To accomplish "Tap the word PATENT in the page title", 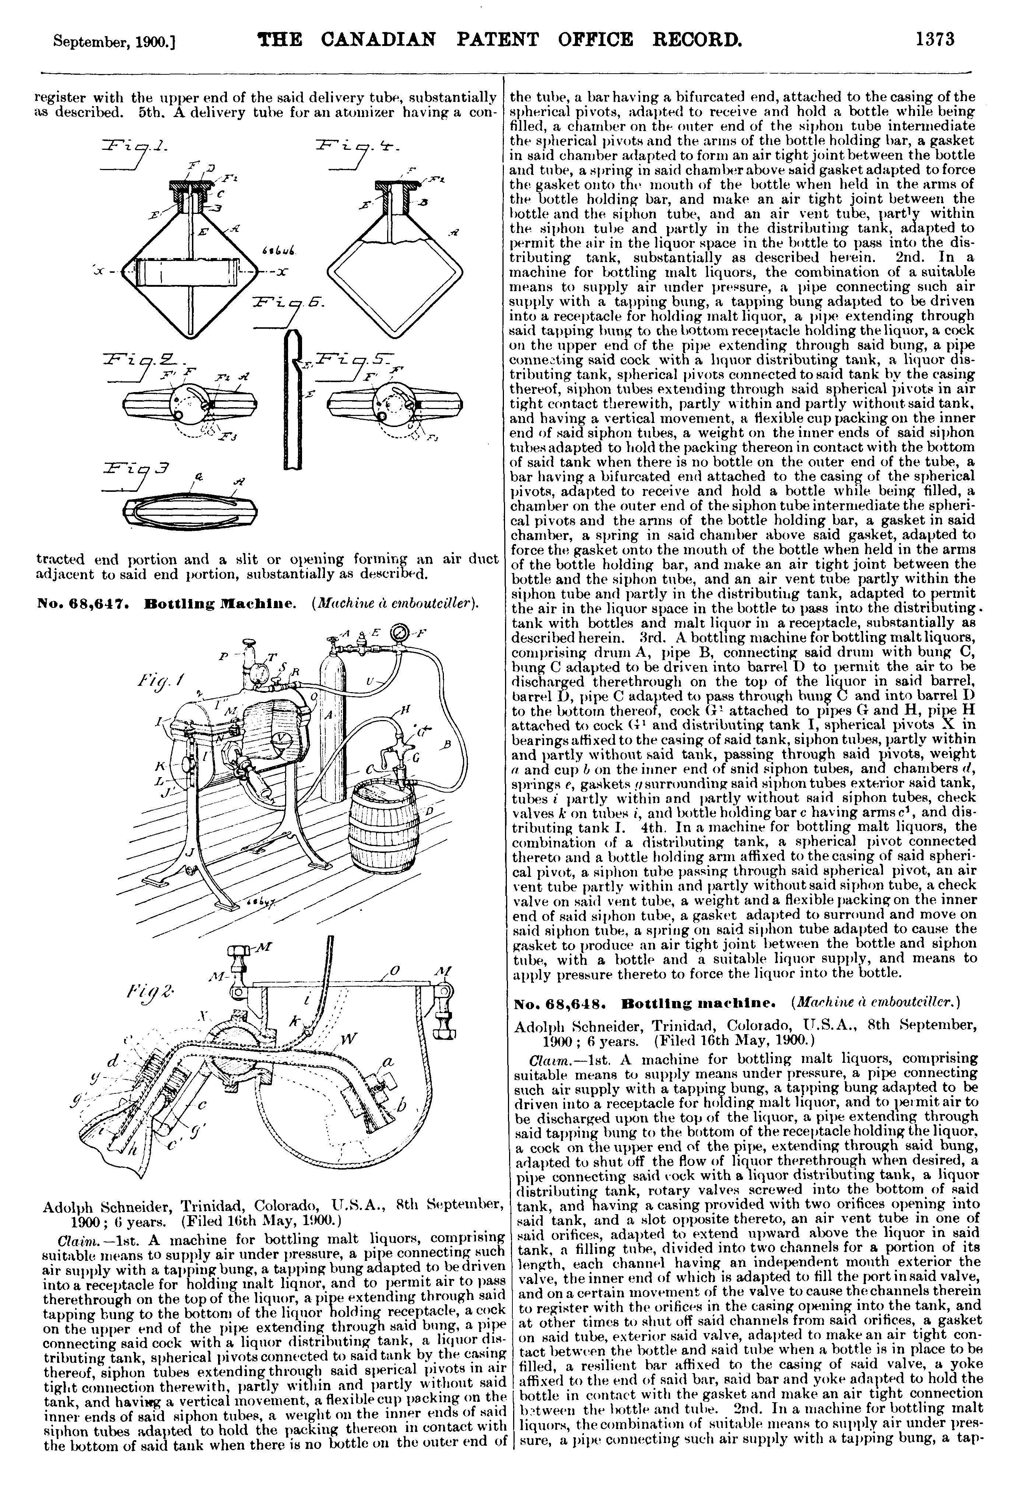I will pyautogui.click(x=497, y=40).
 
